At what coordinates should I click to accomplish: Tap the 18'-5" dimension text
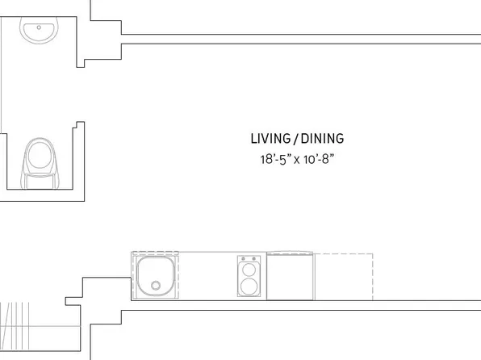coord(273,159)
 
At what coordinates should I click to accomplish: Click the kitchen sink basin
coord(155,276)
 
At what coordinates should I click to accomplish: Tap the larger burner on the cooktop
coord(249,287)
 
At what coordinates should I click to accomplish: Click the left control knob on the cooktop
coord(245,260)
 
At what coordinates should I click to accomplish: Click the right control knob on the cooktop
coord(253,260)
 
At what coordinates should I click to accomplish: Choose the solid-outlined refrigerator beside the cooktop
coord(290,277)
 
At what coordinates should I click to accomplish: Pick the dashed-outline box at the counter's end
coord(344,277)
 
